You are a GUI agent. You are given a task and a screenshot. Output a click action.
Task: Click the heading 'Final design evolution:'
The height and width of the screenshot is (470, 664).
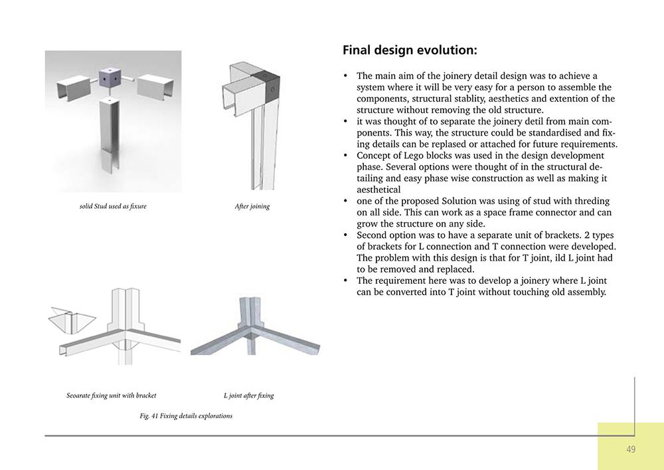[409, 51]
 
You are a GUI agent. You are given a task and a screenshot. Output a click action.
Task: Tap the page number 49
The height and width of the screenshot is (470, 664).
[630, 449]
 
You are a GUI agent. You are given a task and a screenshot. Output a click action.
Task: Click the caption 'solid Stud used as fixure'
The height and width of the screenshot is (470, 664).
[113, 206]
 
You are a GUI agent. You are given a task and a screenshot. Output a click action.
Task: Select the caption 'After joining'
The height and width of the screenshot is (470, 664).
[252, 206]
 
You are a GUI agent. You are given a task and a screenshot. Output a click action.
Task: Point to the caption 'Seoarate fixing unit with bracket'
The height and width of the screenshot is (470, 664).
[112, 396]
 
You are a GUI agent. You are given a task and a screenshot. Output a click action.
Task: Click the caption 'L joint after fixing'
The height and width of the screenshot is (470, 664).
[248, 396]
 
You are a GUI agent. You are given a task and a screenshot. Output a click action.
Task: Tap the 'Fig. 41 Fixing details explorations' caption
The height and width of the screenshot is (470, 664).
[186, 416]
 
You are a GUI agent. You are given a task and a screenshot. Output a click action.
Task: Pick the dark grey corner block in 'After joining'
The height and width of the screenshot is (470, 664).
[271, 86]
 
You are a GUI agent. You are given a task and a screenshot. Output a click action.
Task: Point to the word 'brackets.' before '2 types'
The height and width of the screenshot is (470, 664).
[376, 247]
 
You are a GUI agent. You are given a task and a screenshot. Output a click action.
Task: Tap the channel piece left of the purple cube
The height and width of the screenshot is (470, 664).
[74, 87]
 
